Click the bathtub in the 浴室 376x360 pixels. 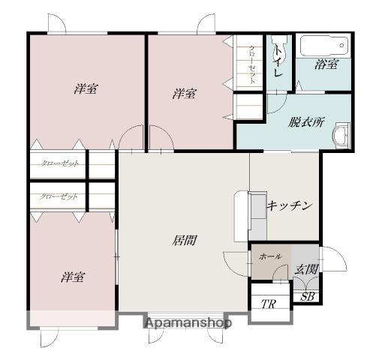click(324, 46)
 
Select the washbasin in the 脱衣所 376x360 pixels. click(341, 135)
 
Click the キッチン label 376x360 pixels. click(290, 205)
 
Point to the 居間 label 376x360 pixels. click(184, 241)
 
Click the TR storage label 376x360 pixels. click(269, 304)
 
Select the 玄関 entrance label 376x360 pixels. click(306, 269)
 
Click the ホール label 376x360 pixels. click(270, 256)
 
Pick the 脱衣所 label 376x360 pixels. click(306, 122)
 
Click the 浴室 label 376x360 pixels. click(326, 64)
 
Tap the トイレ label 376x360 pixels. click(278, 61)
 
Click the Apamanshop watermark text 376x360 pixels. click(188, 323)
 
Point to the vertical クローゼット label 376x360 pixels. click(252, 64)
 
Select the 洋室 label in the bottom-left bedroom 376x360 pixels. click(73, 277)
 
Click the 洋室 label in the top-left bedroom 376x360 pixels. click(86, 88)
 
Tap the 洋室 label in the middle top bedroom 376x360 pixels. click(184, 94)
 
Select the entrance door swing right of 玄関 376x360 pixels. click(334, 259)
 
